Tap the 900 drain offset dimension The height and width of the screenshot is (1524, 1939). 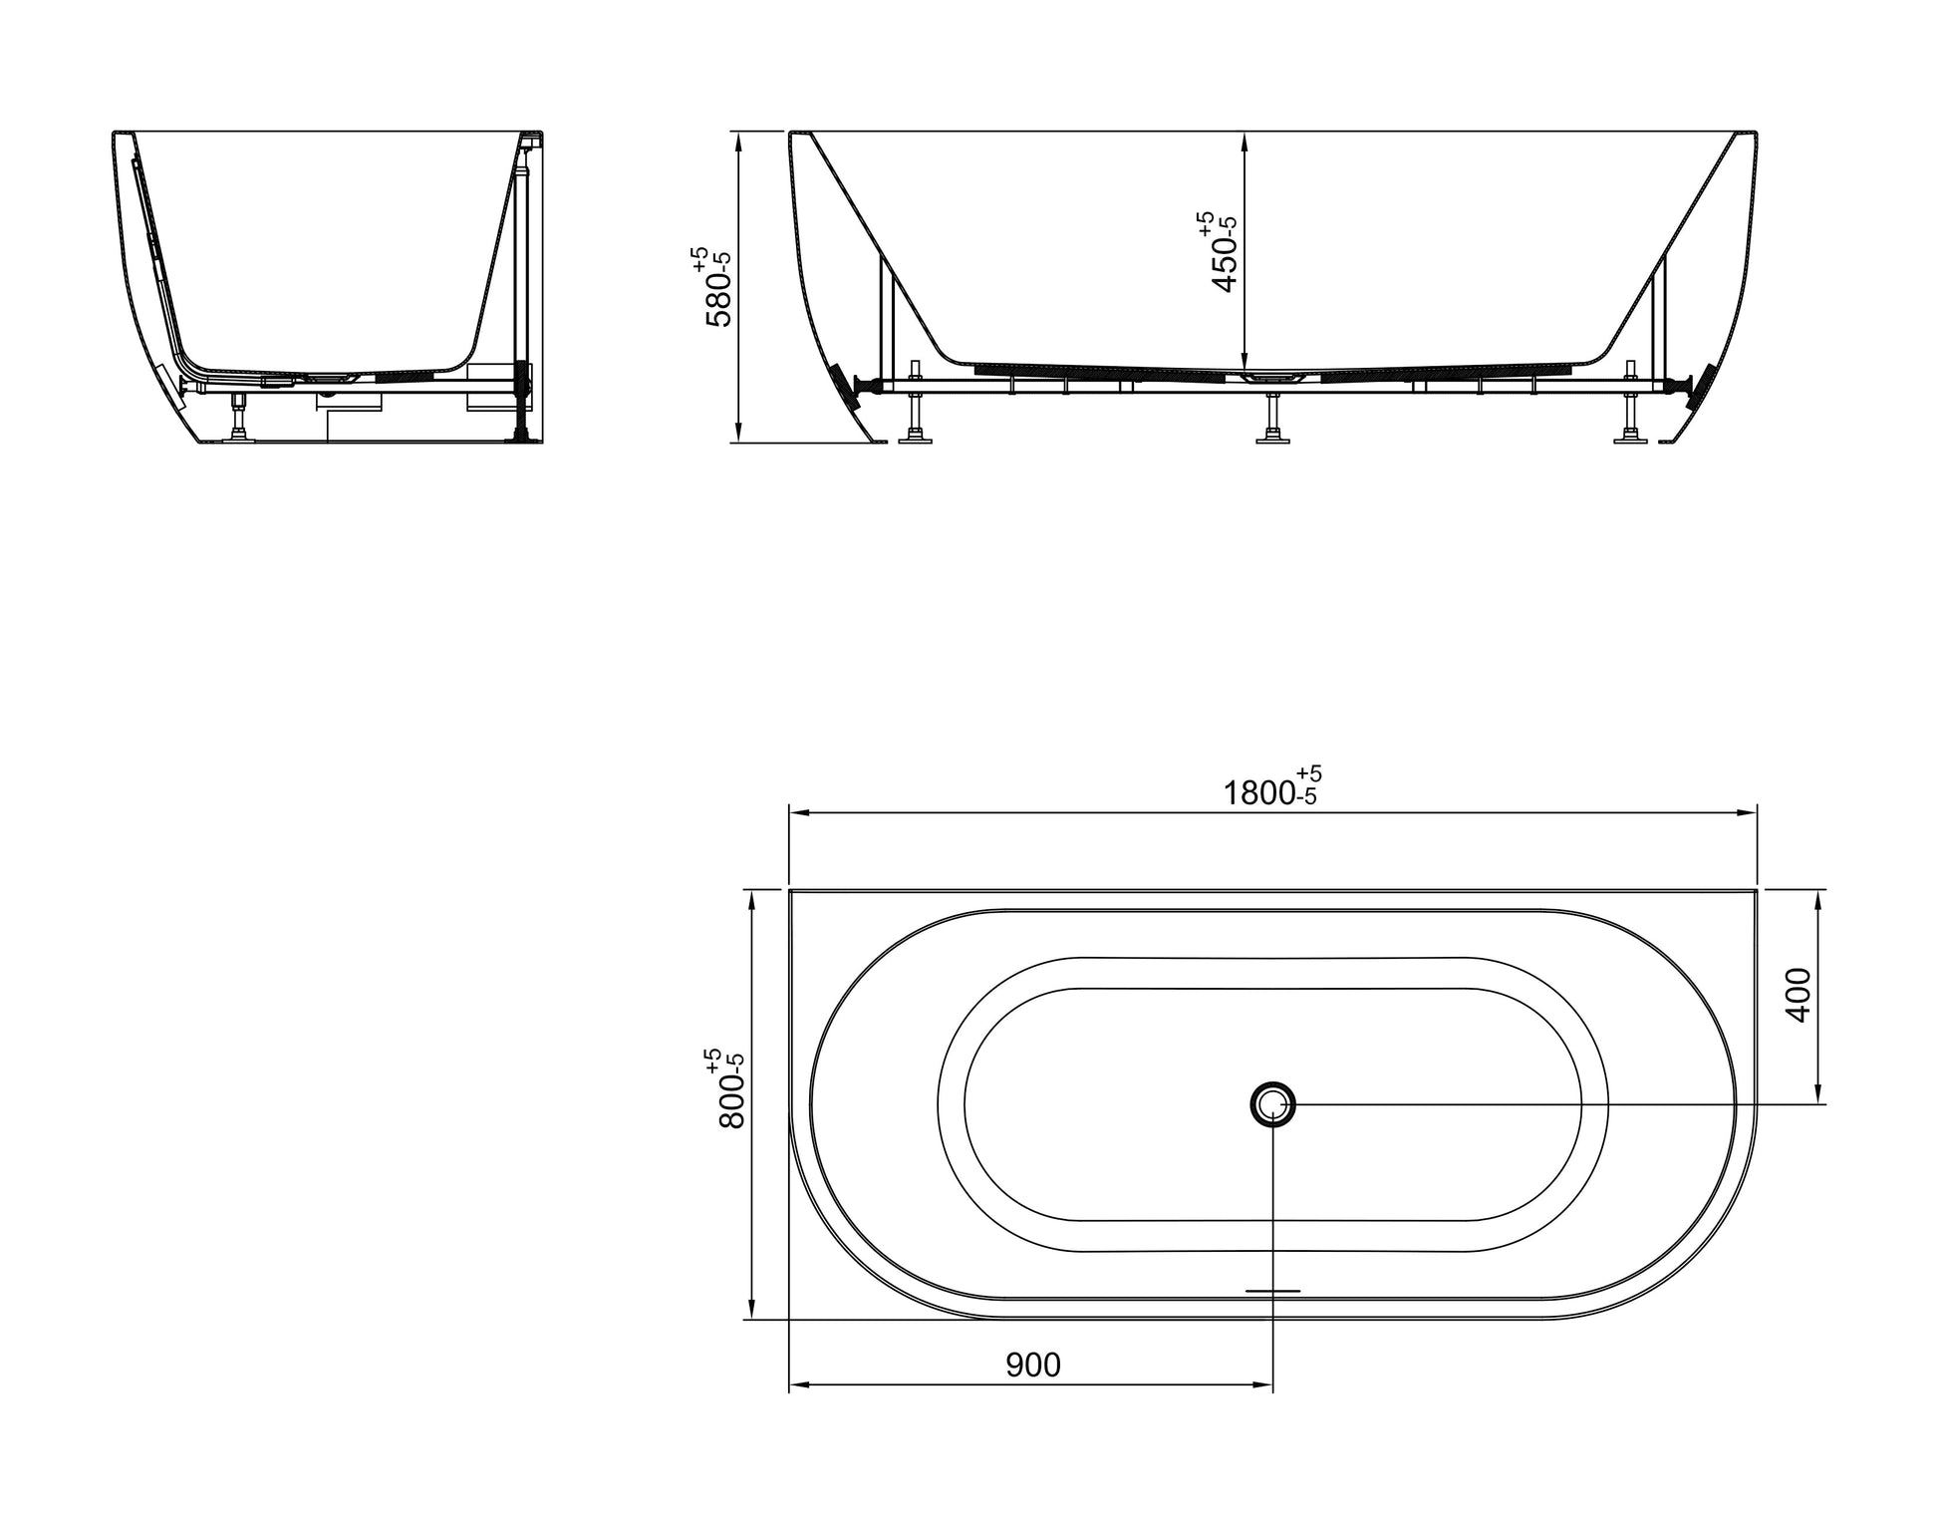[x=1032, y=1365]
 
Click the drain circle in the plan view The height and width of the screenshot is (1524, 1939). [x=1272, y=1104]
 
